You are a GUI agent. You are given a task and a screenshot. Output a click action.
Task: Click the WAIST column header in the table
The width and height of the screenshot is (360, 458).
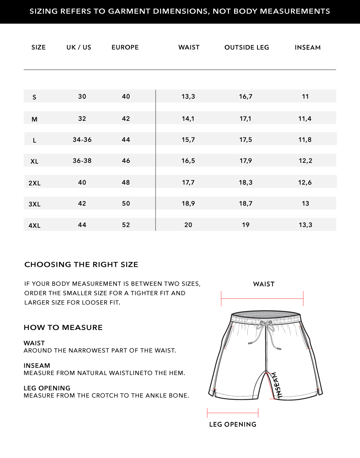click(x=189, y=47)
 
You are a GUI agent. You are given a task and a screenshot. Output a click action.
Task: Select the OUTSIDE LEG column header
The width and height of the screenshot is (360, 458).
click(x=247, y=47)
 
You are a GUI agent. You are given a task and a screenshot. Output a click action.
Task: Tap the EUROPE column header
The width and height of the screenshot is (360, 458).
click(x=125, y=47)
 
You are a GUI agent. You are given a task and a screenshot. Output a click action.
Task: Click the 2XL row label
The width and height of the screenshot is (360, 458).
click(x=35, y=183)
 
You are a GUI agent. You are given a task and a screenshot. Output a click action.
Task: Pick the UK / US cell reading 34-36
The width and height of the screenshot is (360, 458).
click(x=82, y=140)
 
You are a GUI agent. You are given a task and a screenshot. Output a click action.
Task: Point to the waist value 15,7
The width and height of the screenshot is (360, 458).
click(x=188, y=140)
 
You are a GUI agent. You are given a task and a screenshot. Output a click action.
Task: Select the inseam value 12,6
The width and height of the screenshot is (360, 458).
click(x=305, y=182)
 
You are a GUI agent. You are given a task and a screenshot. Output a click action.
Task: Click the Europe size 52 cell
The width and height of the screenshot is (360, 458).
click(x=126, y=225)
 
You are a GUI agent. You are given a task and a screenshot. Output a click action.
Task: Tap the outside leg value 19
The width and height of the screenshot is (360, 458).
click(x=246, y=225)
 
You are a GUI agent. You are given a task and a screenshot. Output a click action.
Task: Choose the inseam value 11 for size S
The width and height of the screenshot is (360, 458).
click(x=305, y=96)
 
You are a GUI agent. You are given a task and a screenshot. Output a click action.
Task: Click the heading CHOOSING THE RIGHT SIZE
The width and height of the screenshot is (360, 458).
click(x=81, y=265)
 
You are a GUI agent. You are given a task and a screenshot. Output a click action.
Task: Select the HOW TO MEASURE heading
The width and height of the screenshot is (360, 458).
click(x=63, y=328)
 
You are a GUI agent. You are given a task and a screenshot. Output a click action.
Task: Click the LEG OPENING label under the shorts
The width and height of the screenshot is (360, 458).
click(x=233, y=425)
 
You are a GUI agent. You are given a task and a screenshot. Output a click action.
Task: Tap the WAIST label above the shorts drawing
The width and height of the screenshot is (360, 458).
click(x=264, y=284)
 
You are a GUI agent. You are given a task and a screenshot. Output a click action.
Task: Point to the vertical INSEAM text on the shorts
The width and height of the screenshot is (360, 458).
click(x=278, y=385)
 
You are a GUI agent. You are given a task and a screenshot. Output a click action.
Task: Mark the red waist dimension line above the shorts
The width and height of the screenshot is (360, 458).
click(x=262, y=299)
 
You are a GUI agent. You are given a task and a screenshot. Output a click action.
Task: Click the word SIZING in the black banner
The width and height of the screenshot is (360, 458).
click(x=44, y=11)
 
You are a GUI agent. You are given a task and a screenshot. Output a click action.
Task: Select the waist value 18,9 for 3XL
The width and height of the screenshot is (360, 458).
click(x=188, y=203)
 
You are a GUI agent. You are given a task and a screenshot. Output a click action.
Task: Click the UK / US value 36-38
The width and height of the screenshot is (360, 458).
click(x=82, y=161)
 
